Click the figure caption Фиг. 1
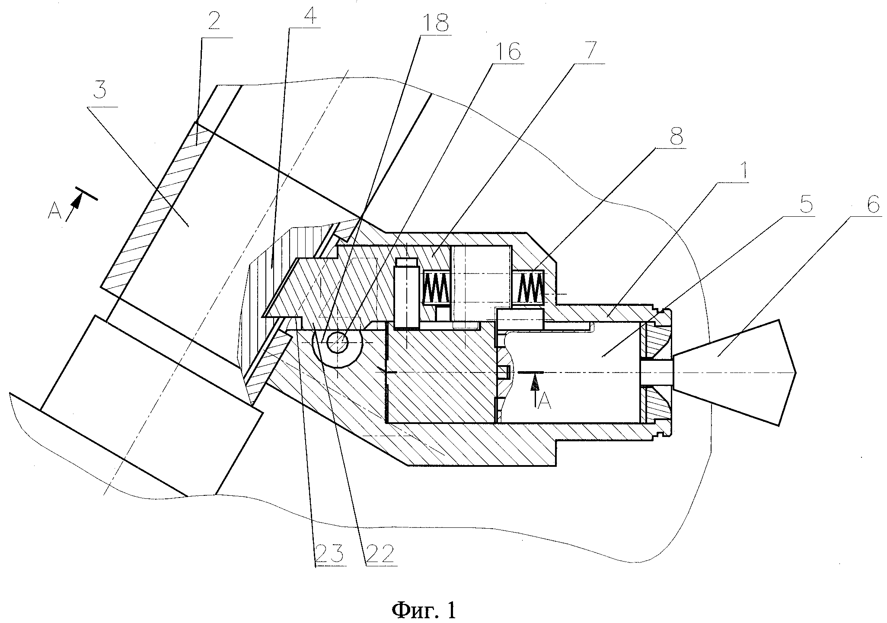click(424, 610)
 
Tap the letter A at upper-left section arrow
click(54, 212)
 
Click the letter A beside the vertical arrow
click(546, 402)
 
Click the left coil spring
click(437, 288)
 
